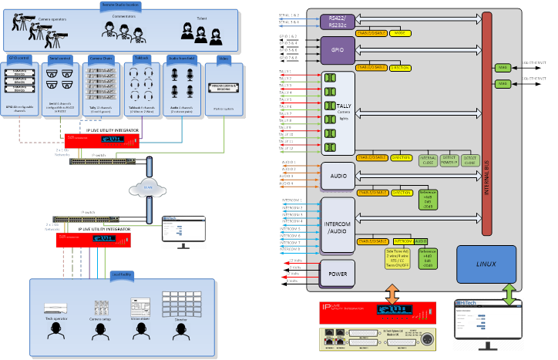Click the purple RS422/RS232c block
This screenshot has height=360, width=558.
tap(335, 22)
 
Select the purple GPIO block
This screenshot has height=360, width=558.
tap(336, 50)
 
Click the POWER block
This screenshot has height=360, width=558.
tap(338, 272)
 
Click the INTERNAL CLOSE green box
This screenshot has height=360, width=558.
tap(428, 161)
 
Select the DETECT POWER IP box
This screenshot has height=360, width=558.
tap(449, 161)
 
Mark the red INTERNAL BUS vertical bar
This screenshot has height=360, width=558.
tap(486, 123)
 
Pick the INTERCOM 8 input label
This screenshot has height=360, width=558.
tap(290, 249)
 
